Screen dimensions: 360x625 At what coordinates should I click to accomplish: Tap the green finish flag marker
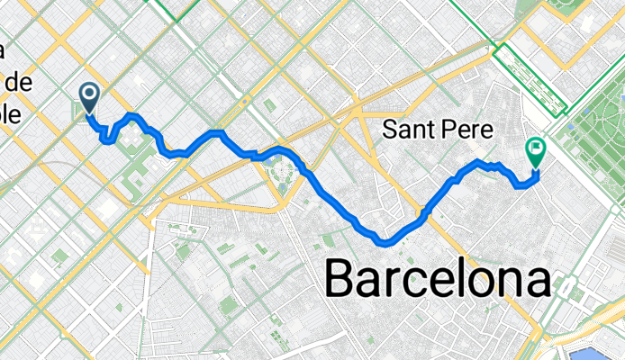[536, 151]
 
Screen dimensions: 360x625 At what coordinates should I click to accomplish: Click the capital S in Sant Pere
[390, 130]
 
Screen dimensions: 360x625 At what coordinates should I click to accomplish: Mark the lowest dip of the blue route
[385, 241]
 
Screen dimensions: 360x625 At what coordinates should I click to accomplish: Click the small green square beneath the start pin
[78, 112]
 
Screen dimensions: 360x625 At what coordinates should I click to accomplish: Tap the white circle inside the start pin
[90, 93]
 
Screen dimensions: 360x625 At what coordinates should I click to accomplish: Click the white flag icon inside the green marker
[536, 148]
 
